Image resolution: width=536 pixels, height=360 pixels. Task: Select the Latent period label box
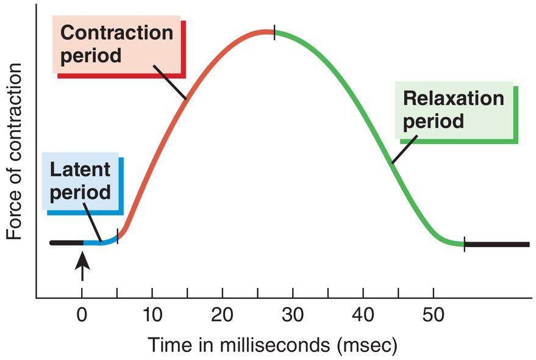coord(80,182)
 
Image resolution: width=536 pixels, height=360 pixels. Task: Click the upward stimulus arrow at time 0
coord(82,266)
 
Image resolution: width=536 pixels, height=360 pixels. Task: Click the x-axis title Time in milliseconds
coord(272,345)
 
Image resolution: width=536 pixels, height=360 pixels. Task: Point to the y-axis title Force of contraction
coord(14,153)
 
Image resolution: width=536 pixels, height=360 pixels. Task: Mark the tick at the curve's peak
coord(274,33)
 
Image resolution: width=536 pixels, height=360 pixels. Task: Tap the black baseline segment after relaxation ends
coord(497,244)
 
